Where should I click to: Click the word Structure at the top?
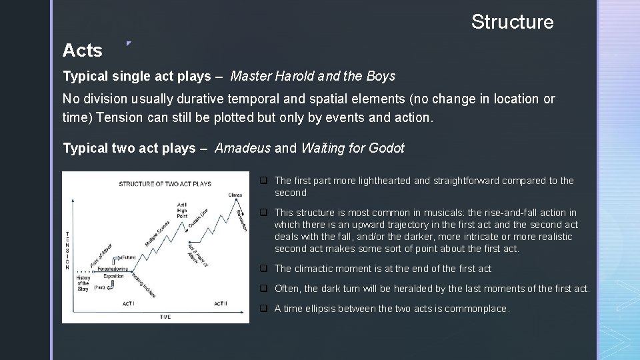512,22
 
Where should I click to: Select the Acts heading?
82,51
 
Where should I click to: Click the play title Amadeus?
243,148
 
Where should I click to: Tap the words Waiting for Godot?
353,148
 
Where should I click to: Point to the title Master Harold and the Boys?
313,76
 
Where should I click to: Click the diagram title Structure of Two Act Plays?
165,184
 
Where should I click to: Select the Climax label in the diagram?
235,195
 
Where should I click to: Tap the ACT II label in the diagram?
221,304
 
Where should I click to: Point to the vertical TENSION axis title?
67,250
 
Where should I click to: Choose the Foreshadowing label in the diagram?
113,269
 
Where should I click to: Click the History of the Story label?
83,283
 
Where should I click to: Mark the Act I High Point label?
182,209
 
